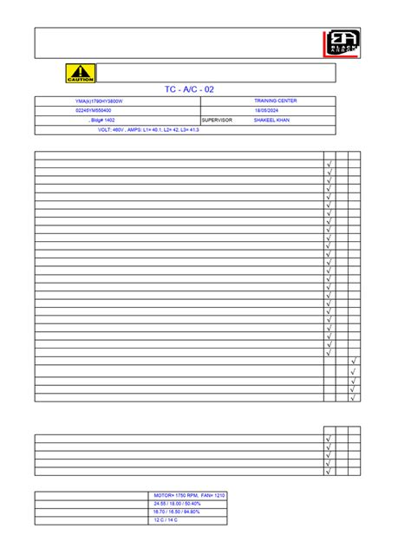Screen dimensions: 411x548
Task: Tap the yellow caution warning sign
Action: click(x=81, y=73)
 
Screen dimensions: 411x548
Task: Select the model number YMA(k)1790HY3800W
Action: click(x=101, y=101)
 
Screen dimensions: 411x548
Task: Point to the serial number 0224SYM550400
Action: click(x=94, y=111)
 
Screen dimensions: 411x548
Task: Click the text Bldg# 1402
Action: click(x=102, y=121)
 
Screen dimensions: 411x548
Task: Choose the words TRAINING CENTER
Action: click(x=276, y=101)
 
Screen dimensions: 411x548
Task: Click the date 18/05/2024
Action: click(x=267, y=111)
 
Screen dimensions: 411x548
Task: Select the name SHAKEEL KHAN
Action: click(x=272, y=121)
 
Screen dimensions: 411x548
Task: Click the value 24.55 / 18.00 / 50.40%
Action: click(x=178, y=503)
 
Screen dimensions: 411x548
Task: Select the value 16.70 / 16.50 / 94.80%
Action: click(x=178, y=512)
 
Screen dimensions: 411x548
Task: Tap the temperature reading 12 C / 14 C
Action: click(x=166, y=520)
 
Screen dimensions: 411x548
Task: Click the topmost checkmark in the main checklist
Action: click(x=329, y=164)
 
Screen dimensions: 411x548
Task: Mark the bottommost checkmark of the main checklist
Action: click(x=354, y=398)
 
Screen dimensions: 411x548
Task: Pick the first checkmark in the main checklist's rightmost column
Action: click(x=354, y=362)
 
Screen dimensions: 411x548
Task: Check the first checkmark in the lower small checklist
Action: click(x=329, y=439)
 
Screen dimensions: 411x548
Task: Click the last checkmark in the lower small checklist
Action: click(x=329, y=472)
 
